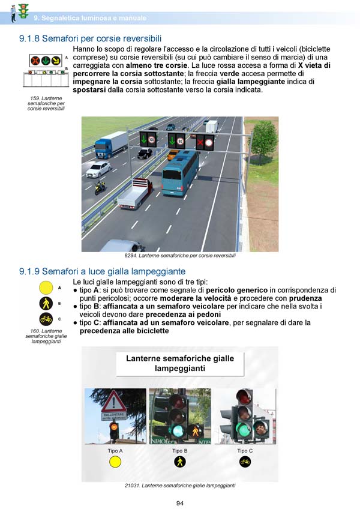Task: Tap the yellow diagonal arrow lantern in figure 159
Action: coord(55,60)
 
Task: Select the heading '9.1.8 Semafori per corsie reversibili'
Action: coord(90,38)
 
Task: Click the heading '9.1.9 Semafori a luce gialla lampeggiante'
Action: coord(102,272)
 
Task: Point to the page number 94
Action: coord(179,503)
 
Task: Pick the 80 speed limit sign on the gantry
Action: coord(180,142)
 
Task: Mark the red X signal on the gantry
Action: coord(200,142)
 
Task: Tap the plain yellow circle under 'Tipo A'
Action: coord(115,462)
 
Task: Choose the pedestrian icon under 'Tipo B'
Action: coord(180,462)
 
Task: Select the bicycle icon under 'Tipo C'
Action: coord(245,462)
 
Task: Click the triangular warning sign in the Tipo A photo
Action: coord(113,401)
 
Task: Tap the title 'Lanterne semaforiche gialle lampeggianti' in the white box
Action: coord(179,363)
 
